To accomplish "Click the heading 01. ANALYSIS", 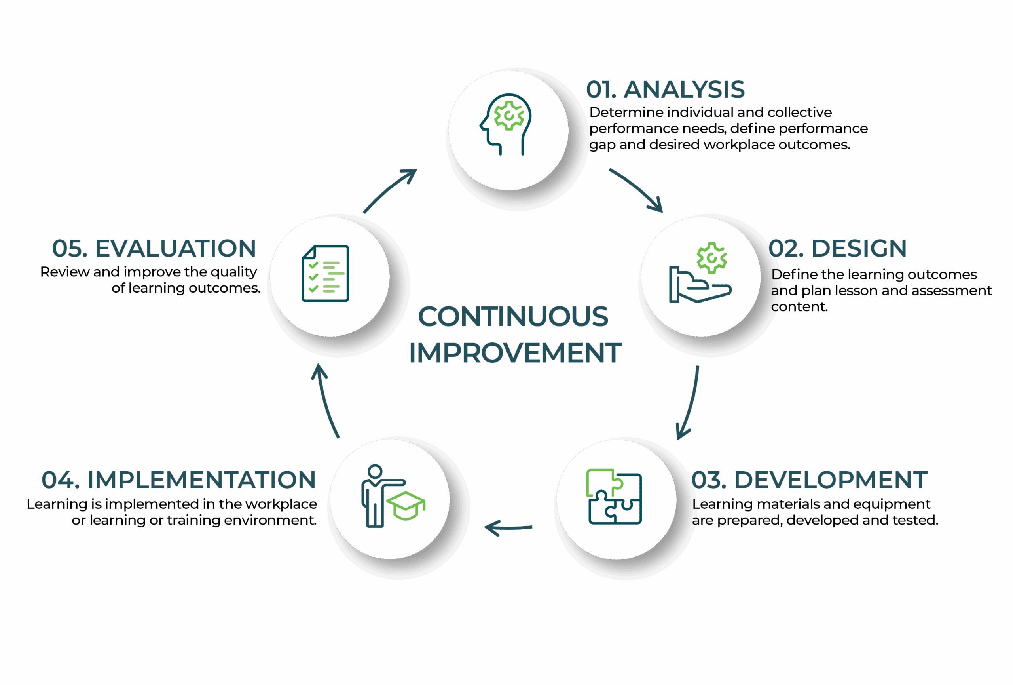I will tap(665, 90).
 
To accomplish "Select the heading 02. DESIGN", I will tap(837, 249).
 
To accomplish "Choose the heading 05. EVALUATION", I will tap(154, 249).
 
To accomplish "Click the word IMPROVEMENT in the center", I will tap(515, 353).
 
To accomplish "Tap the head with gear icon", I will tap(506, 124).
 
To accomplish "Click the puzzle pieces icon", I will tap(615, 497).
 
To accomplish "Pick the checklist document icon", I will tap(326, 273).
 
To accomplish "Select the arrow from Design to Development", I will tap(690, 403).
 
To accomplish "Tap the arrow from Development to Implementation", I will tap(508, 527).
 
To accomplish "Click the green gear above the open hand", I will tap(712, 258).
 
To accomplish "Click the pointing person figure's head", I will tap(375, 471).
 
